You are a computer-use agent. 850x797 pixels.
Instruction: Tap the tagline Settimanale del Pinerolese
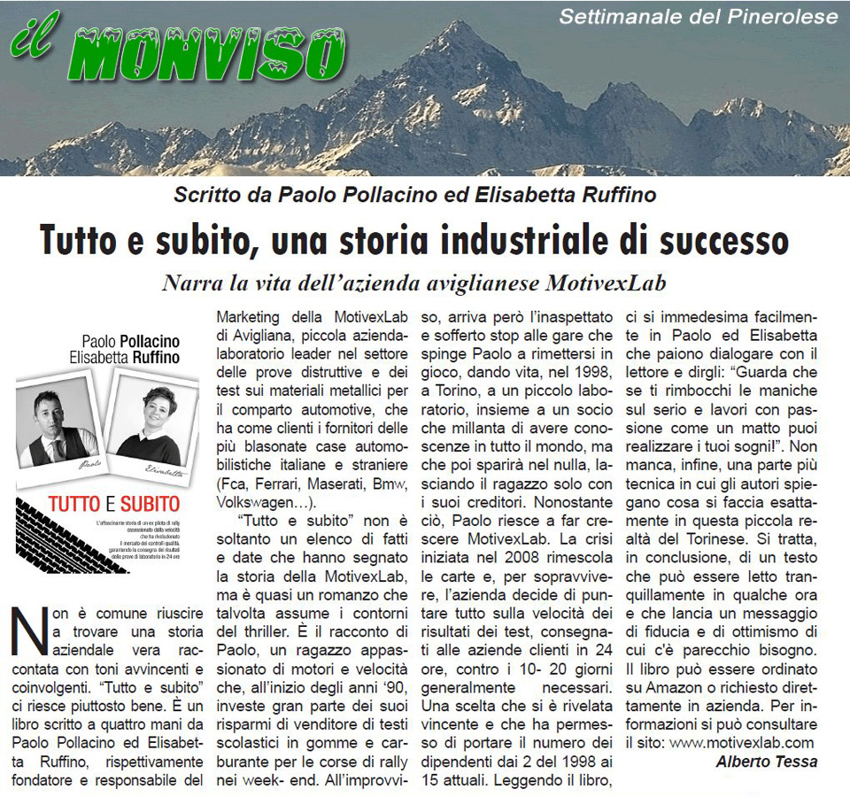click(x=699, y=17)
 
